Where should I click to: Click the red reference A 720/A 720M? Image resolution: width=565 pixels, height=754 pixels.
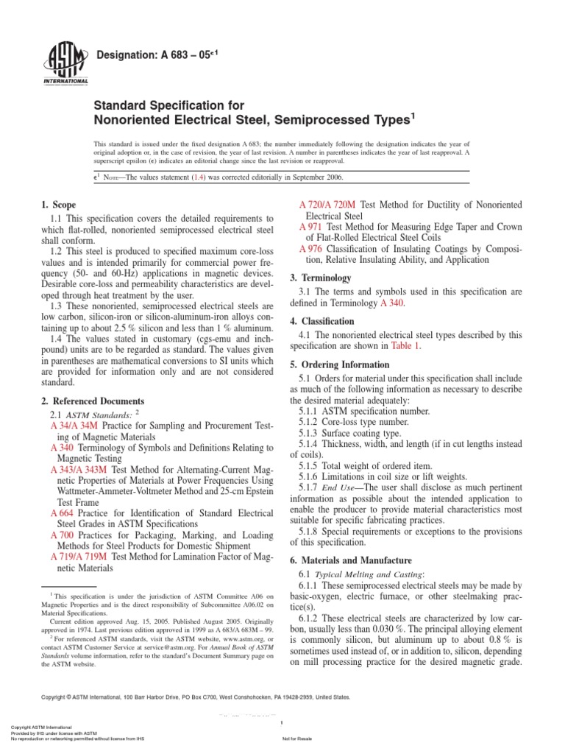(x=328, y=204)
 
